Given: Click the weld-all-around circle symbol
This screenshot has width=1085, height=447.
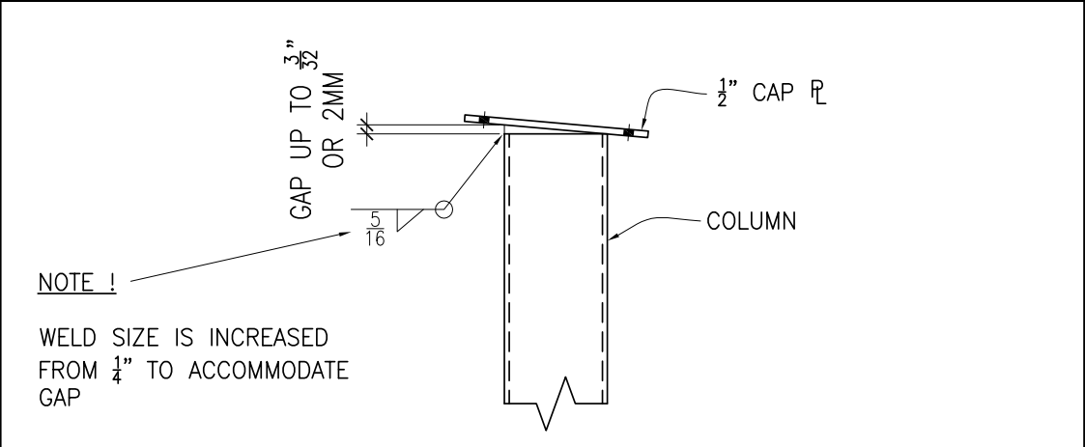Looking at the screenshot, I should pyautogui.click(x=443, y=210).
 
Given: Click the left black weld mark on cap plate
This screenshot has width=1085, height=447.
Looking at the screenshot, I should pyautogui.click(x=484, y=121).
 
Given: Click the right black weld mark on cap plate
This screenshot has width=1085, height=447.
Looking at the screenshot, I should pyautogui.click(x=630, y=132).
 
